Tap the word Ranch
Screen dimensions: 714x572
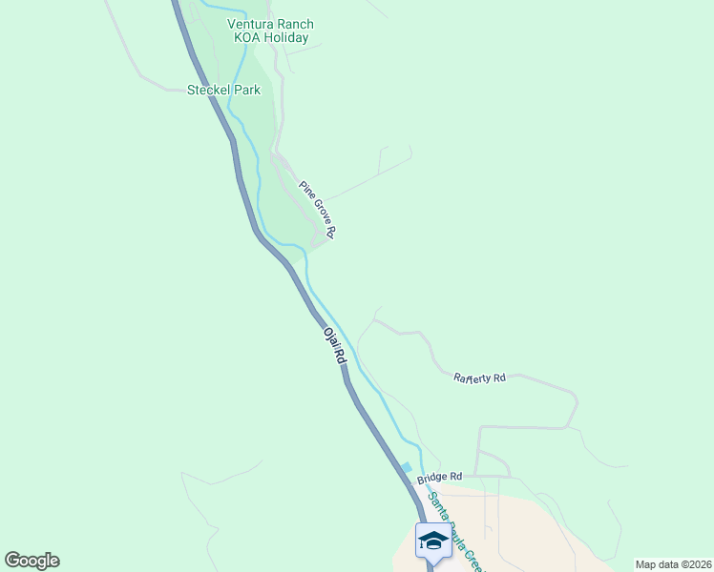[295, 25]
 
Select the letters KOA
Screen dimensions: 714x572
[248, 38]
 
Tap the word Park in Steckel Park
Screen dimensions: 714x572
[244, 90]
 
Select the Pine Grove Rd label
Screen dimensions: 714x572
[318, 209]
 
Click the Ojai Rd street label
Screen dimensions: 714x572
[333, 347]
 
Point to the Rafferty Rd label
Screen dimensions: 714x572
[479, 378]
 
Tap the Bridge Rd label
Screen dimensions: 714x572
[439, 476]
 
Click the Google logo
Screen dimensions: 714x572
[31, 561]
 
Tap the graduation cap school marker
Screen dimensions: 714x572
[433, 540]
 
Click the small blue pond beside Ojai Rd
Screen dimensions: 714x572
[407, 467]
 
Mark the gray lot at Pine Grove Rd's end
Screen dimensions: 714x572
[321, 243]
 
